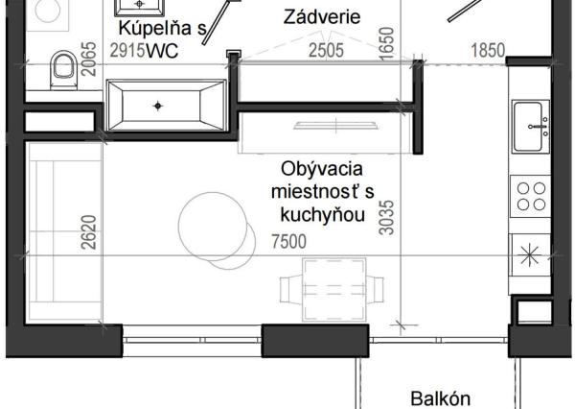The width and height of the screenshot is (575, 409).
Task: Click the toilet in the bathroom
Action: (64, 68)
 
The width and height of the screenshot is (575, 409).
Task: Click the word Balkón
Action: (441, 397)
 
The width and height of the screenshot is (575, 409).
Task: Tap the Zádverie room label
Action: (322, 17)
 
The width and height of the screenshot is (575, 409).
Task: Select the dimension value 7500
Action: (289, 241)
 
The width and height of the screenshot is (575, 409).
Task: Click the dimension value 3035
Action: (386, 217)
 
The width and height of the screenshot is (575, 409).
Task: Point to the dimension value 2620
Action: (89, 231)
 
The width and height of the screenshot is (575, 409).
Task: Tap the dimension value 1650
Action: (386, 43)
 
